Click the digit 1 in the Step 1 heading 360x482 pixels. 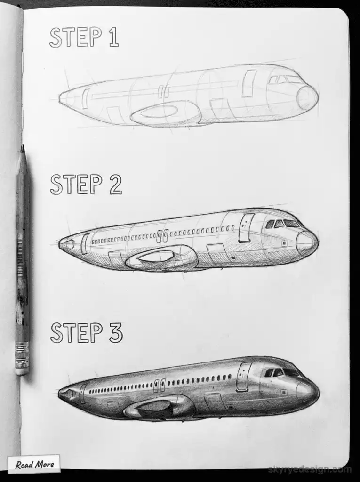pyautogui.click(x=113, y=38)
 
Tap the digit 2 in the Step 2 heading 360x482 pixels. pyautogui.click(x=115, y=185)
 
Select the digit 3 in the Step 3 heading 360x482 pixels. pyautogui.click(x=115, y=332)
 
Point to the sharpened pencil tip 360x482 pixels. pyautogui.click(x=22, y=150)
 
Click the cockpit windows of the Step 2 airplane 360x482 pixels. pyautogui.click(x=282, y=224)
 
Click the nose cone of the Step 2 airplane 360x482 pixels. pyautogui.click(x=306, y=243)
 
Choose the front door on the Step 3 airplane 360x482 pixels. pyautogui.click(x=243, y=377)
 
